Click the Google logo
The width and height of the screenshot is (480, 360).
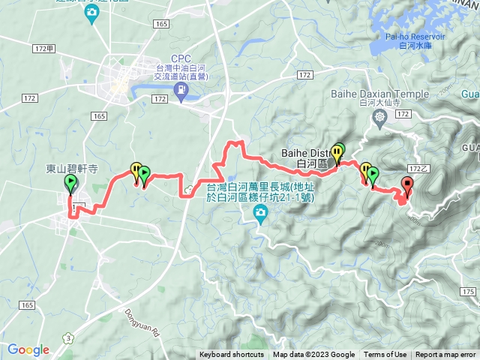coord(28,349)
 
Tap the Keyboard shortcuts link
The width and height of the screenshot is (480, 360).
coord(231,355)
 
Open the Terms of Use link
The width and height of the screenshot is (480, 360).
coord(385,355)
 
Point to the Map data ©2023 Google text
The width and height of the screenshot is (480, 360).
coord(313,355)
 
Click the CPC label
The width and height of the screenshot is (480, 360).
coord(181,58)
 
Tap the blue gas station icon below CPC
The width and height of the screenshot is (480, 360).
coord(181,91)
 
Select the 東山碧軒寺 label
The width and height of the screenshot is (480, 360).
coord(72,169)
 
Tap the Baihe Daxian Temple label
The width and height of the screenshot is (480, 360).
coord(380,94)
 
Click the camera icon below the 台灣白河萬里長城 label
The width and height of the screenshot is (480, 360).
coord(260,217)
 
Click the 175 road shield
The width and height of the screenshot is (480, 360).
coord(469,291)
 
